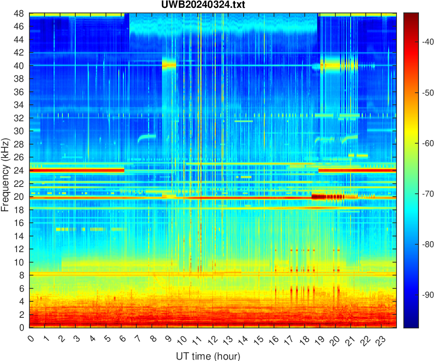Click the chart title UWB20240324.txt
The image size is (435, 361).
(212, 5)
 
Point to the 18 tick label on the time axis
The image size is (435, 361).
(303, 340)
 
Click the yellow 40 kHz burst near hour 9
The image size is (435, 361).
(169, 65)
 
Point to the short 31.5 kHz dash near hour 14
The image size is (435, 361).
(244, 121)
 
